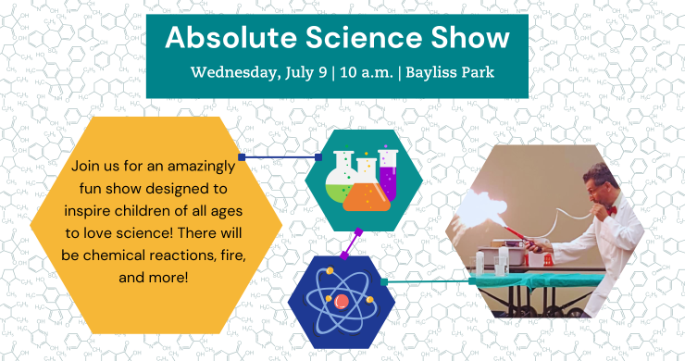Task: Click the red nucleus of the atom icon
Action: click(342, 301)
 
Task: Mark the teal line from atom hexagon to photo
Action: click(426, 280)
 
